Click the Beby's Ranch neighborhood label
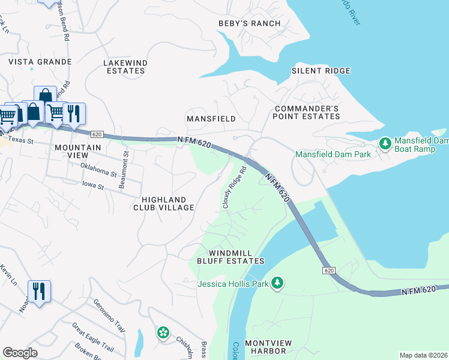249,23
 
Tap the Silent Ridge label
321,71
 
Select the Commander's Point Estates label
307,112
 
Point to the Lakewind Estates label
124,67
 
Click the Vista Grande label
40,62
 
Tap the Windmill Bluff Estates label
231,256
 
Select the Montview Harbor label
268,347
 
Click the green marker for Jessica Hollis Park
277,282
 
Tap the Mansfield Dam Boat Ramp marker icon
385,143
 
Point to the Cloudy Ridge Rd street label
234,188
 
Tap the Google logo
20,353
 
